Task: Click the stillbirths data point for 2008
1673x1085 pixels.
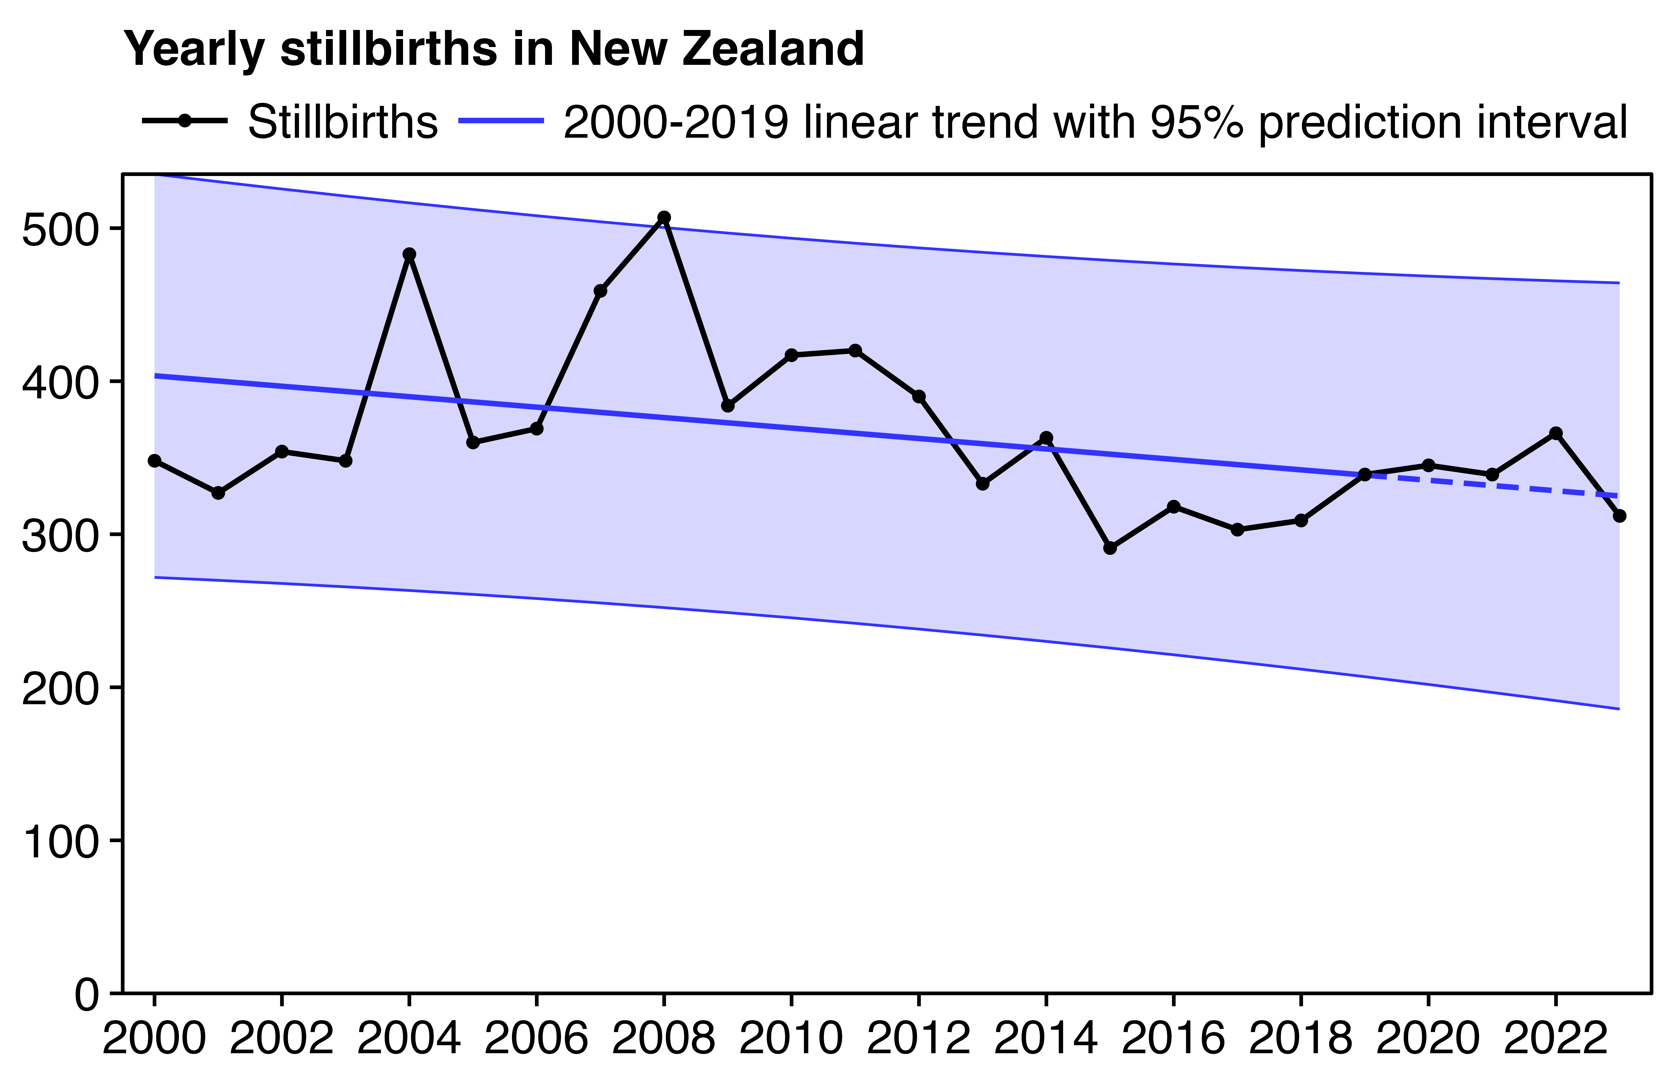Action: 664,217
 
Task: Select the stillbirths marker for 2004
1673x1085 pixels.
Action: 409,254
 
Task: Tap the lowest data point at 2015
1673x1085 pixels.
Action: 1110,548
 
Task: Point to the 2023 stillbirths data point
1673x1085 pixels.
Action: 1620,516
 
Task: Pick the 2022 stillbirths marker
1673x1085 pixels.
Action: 1556,433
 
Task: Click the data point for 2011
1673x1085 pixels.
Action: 855,350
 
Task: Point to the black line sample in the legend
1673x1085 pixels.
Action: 184,121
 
